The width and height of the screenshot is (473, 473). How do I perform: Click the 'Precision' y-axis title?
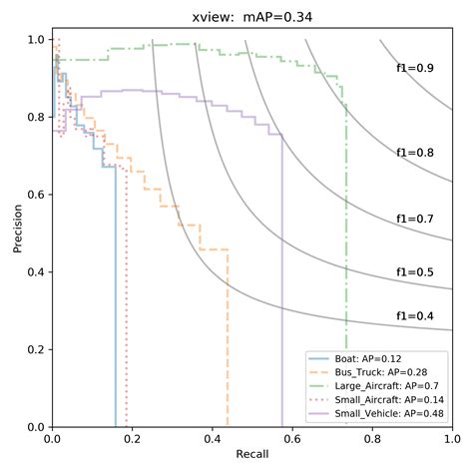(17, 232)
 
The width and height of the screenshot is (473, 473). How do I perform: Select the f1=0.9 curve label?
(415, 68)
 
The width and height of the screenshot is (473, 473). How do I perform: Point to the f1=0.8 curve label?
(415, 153)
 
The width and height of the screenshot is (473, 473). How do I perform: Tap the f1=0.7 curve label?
(415, 218)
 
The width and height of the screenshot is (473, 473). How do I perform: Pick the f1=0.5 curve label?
(415, 271)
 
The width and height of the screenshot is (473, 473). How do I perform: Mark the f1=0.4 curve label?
(415, 315)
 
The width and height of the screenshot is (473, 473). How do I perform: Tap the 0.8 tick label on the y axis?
(34, 117)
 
